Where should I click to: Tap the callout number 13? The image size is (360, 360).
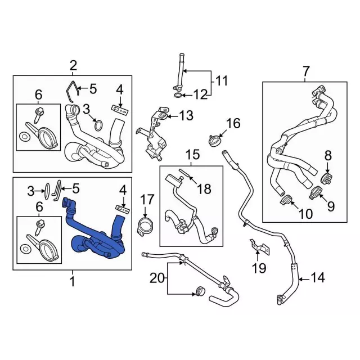(186, 115)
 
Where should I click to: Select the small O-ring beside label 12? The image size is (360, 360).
(178, 95)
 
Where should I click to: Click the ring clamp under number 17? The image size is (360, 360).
(145, 227)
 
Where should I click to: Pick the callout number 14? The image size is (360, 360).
(317, 277)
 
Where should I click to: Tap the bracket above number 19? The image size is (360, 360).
(260, 247)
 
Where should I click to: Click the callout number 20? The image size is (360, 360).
(157, 278)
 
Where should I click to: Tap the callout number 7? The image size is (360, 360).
(306, 71)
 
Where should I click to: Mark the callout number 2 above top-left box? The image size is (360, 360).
(73, 66)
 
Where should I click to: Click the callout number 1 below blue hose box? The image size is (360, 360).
(73, 282)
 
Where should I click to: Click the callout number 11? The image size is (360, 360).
(221, 81)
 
